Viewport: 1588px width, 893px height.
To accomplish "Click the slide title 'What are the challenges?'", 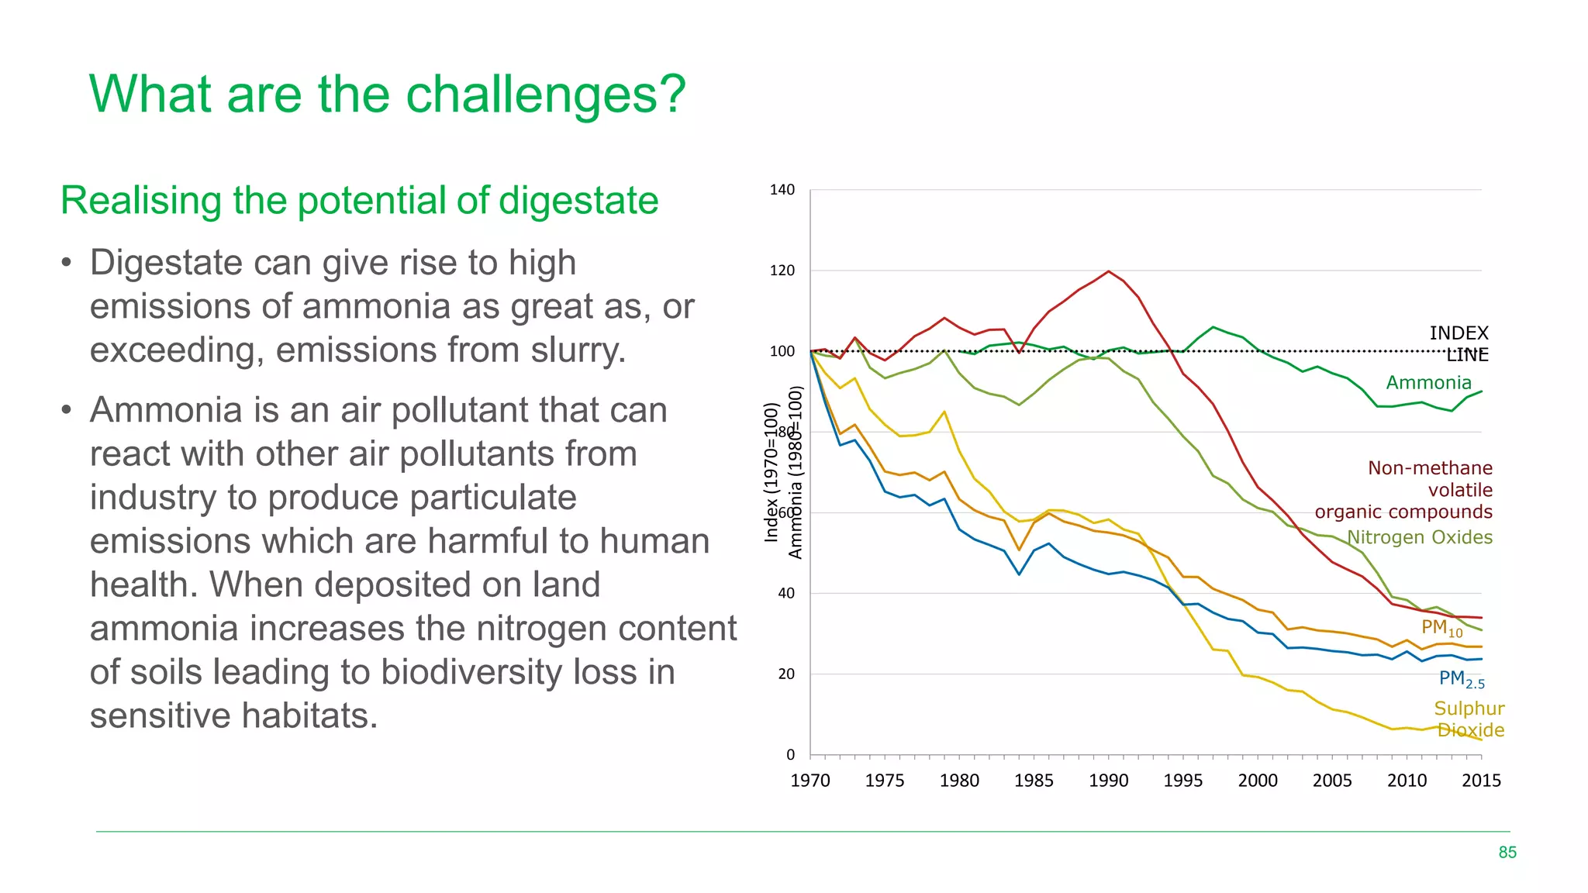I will [388, 95].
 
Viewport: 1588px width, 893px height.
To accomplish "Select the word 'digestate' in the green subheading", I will [578, 201].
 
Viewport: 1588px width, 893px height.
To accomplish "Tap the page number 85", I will [1507, 853].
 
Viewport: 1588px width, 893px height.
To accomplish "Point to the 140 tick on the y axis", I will [782, 190].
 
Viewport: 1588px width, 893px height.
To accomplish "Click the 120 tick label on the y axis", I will [782, 271].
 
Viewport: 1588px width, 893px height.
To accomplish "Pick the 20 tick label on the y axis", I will [785, 674].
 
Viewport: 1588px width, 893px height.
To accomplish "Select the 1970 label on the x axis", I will [810, 781].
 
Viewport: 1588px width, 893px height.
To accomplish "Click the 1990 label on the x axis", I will [1108, 781].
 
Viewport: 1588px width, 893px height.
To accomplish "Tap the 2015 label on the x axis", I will [1480, 781].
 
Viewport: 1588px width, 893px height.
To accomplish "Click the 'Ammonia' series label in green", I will [1428, 383].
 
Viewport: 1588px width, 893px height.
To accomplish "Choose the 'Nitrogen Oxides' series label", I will [1419, 537].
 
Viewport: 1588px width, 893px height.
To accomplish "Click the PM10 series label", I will [1441, 628].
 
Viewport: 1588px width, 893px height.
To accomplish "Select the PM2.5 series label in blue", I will [1461, 679].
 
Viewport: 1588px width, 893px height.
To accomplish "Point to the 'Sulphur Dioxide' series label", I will [1469, 719].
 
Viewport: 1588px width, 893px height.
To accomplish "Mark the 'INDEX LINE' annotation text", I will [1459, 343].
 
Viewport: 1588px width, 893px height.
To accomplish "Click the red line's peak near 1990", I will [1108, 271].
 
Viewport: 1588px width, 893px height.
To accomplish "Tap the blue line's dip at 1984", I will [1019, 574].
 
